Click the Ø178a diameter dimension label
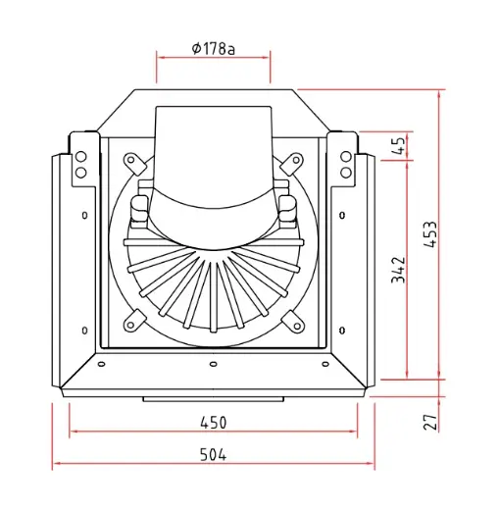click(213, 49)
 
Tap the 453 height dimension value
click(430, 234)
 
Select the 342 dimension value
click(398, 270)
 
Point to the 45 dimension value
click(398, 145)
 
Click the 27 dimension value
click(430, 422)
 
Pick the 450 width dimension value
click(213, 423)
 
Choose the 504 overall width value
click(213, 454)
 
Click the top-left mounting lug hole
click(130, 160)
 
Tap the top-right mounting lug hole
click(296, 160)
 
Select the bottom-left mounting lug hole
click(130, 326)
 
